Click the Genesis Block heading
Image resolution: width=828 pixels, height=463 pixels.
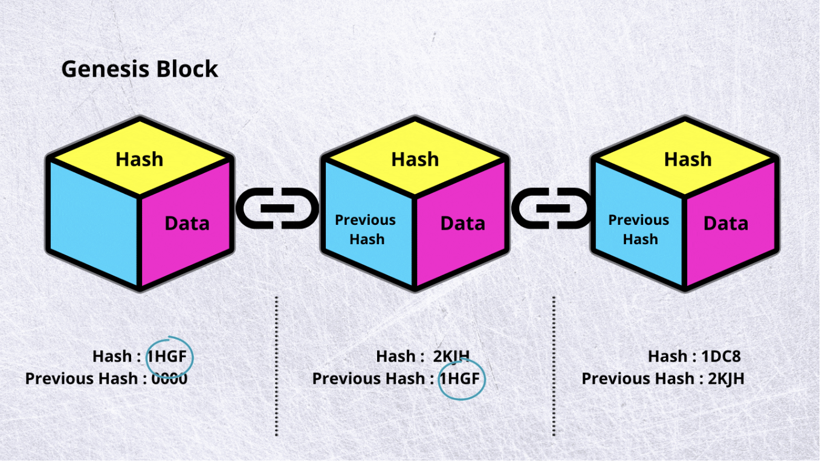(140, 70)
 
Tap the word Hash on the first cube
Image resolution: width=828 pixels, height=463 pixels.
(140, 160)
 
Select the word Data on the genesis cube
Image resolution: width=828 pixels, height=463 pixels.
(187, 224)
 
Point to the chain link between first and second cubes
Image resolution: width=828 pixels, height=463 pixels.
(277, 208)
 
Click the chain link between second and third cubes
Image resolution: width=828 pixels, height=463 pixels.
(552, 208)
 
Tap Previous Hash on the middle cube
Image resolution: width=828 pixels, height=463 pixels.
(366, 230)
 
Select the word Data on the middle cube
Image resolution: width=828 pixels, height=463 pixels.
(463, 224)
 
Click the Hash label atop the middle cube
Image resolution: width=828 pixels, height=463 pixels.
(415, 160)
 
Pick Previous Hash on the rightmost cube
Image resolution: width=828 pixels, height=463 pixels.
(639, 230)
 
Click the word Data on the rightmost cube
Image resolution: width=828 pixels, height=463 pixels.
(726, 224)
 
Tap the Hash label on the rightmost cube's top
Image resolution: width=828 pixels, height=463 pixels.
(688, 160)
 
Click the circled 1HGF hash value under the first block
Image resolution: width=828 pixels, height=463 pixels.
(167, 357)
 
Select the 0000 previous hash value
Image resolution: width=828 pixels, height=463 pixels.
(170, 379)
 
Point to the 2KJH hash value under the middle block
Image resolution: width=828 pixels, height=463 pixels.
(451, 357)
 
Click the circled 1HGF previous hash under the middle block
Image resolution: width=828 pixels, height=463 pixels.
(459, 379)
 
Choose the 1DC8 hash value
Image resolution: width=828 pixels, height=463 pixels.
(721, 357)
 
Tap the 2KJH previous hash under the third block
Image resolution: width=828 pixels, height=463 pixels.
(726, 379)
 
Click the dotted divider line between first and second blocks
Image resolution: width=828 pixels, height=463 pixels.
(276, 366)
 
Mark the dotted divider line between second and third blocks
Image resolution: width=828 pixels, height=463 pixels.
(554, 366)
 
